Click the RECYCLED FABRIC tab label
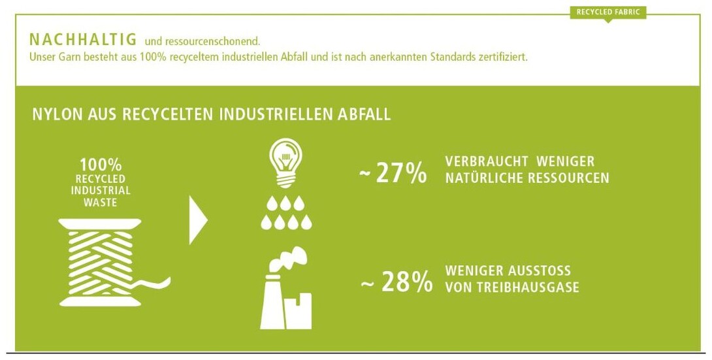click(607, 12)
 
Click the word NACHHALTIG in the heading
click(83, 39)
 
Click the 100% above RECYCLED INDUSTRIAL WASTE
click(101, 165)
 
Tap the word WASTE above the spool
click(101, 203)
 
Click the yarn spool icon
click(109, 263)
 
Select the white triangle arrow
click(198, 220)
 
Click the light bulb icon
click(285, 163)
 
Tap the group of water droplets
click(286, 212)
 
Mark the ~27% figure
click(393, 173)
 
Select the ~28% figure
click(396, 282)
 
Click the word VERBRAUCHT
click(480, 161)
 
